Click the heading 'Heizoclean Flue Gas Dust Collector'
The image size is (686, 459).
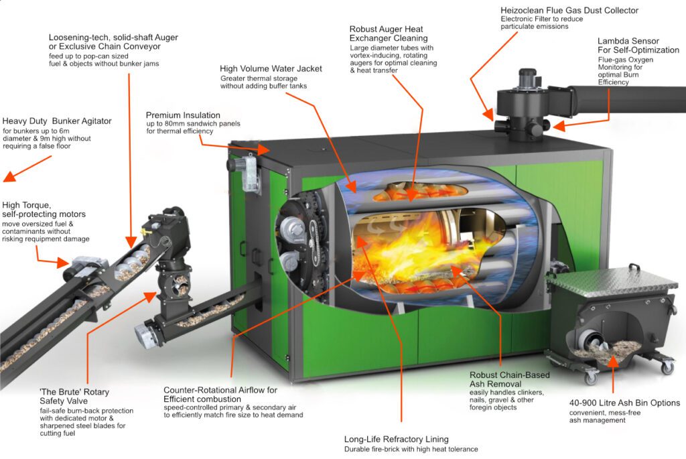[x=569, y=10]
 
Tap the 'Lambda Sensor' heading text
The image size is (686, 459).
[x=628, y=41]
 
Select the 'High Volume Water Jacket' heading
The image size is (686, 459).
[x=271, y=69]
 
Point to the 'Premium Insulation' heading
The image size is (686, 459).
[x=183, y=115]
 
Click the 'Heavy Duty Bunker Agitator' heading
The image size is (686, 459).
[x=57, y=121]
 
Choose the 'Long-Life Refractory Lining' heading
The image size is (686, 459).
[x=397, y=439]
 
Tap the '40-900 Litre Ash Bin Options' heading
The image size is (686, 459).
[x=625, y=403]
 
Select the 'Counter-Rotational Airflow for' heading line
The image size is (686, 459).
[x=220, y=390]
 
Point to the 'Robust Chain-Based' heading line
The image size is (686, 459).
[x=510, y=375]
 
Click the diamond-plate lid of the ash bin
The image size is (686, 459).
[x=612, y=281]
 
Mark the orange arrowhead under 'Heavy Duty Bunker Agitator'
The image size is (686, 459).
[x=9, y=176]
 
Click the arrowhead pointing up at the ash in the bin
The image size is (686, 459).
[x=613, y=360]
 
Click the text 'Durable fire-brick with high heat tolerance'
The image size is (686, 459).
[x=411, y=450]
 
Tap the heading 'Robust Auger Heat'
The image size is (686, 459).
[x=387, y=29]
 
